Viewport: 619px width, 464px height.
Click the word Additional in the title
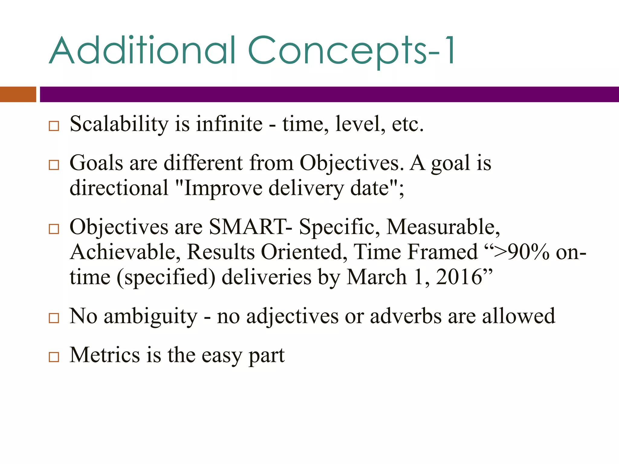(x=142, y=51)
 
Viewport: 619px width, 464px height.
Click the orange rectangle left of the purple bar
(x=18, y=94)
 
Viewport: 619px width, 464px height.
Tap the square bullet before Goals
(x=54, y=165)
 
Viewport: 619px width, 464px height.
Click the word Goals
(x=96, y=163)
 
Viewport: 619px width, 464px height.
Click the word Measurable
(x=443, y=227)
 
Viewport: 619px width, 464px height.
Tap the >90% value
(x=521, y=252)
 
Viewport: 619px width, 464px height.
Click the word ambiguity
(x=151, y=316)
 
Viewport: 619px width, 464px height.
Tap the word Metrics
(x=105, y=355)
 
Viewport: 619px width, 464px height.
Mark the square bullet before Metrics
(x=54, y=357)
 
